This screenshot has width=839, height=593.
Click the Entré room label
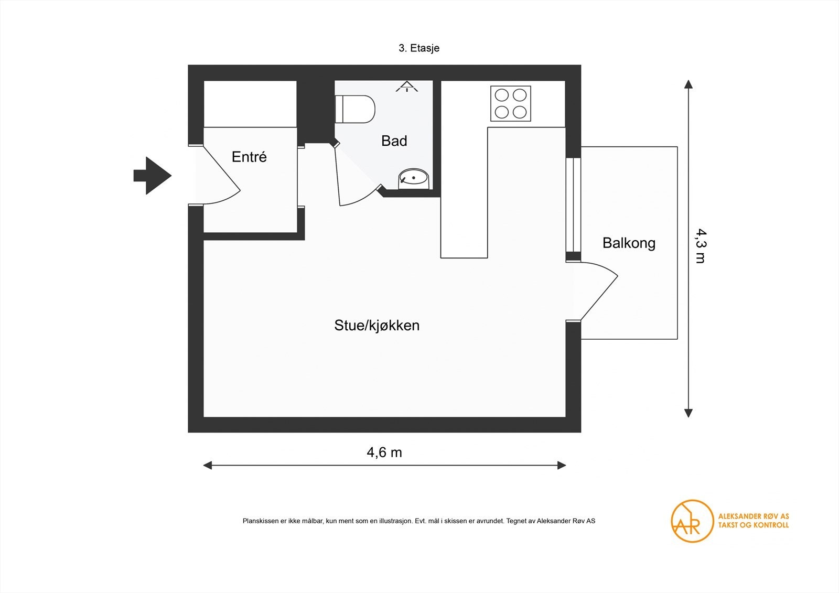(249, 157)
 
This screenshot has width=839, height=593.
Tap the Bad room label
(394, 141)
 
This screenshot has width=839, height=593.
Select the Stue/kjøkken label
(377, 325)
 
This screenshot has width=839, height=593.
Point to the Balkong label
(629, 243)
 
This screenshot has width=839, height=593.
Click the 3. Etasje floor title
(419, 48)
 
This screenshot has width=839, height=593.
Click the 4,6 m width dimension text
(384, 452)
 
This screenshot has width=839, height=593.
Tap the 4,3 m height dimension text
(700, 246)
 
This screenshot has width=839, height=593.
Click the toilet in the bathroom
(355, 109)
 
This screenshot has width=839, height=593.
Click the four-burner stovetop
(511, 104)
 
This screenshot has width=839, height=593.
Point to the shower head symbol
(407, 87)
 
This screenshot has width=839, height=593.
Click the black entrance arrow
(153, 175)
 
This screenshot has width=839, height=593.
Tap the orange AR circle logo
(692, 521)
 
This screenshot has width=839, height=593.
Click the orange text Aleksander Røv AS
(753, 516)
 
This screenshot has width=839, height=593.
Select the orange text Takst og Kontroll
(753, 525)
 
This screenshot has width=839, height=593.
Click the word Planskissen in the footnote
(261, 521)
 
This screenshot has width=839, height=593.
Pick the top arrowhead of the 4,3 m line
(688, 84)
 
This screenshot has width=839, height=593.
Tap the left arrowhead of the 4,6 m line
(208, 465)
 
